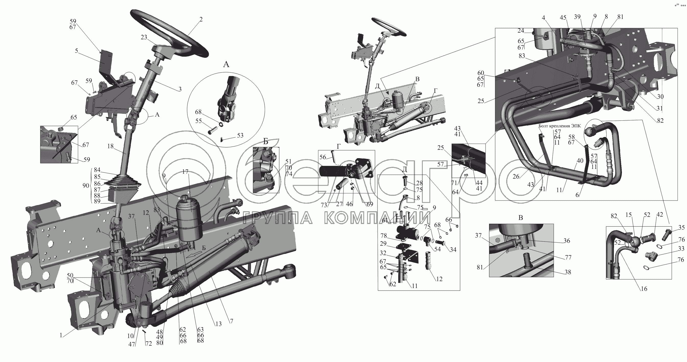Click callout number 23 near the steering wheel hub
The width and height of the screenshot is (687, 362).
click(144, 37)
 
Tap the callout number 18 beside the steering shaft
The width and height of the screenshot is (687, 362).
click(110, 146)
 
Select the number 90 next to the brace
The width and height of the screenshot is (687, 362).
click(86, 185)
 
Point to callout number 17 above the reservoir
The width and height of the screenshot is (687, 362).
click(186, 172)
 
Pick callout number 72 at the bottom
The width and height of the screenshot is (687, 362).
click(149, 344)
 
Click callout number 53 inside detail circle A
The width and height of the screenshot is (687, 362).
click(240, 135)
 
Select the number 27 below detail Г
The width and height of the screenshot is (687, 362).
click(339, 204)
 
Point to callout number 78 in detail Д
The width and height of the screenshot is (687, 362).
click(383, 236)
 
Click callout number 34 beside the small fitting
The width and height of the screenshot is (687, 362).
click(453, 249)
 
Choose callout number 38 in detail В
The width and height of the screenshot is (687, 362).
click(568, 272)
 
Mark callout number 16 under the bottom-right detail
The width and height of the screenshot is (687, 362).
click(644, 289)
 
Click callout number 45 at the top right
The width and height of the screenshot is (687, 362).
click(563, 18)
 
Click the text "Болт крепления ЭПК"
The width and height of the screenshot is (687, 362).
click(560, 126)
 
